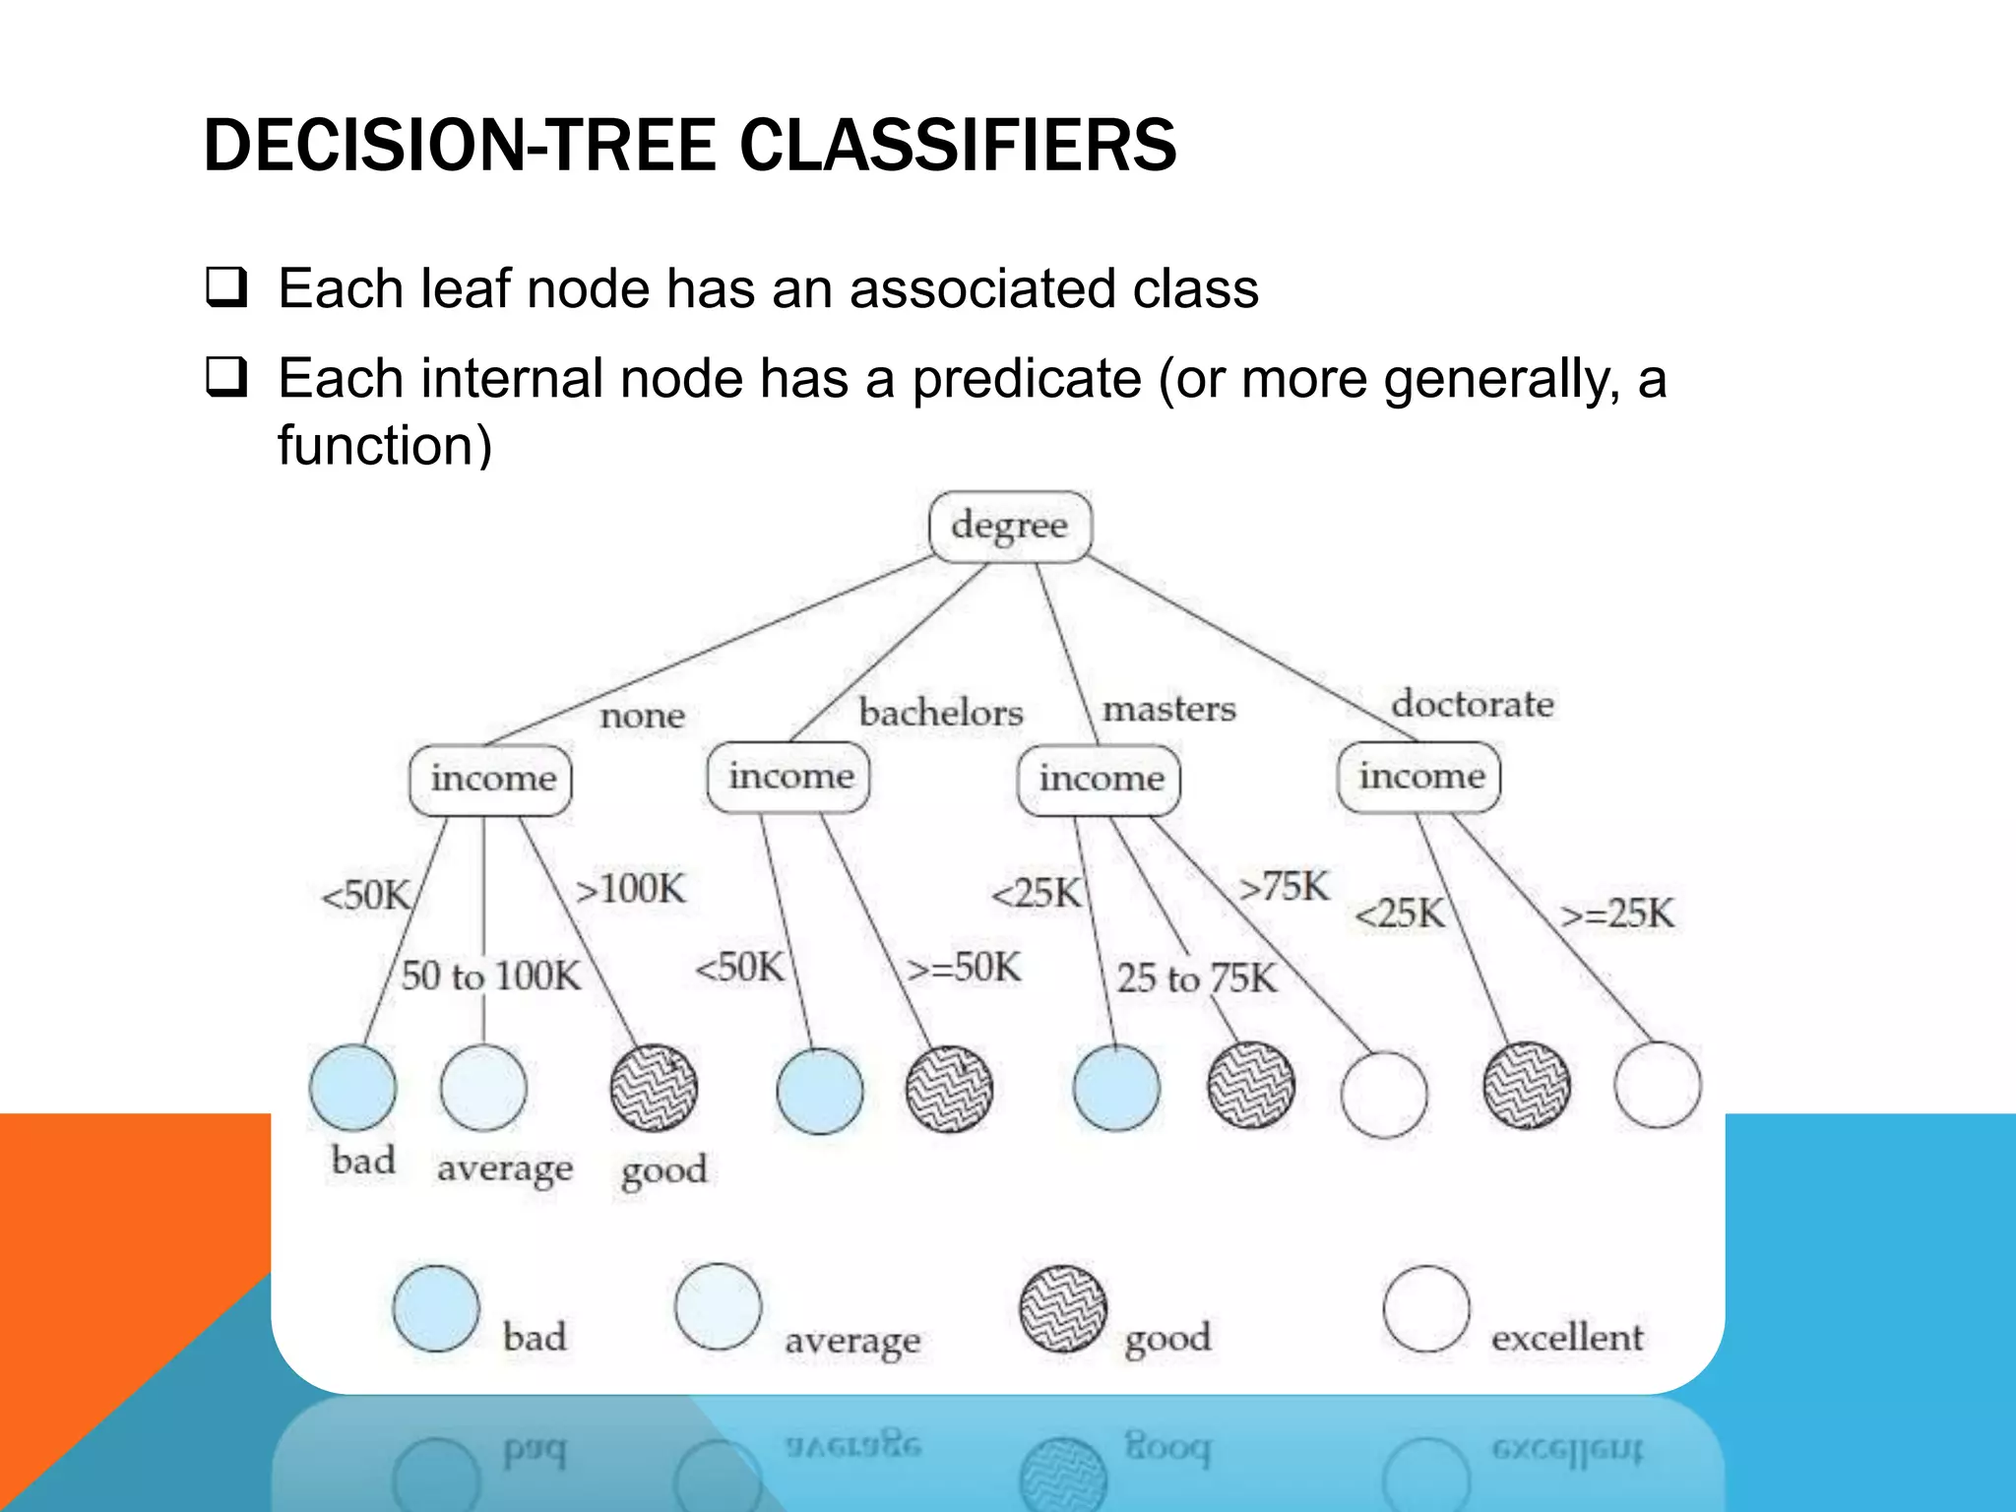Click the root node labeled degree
(x=1010, y=527)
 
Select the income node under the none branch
(x=491, y=780)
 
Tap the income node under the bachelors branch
(x=789, y=777)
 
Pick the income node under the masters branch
(x=1100, y=780)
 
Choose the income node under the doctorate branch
(x=1419, y=777)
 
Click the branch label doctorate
(x=1472, y=705)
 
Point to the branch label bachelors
(x=940, y=713)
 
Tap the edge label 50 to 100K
(x=490, y=976)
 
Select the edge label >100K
(x=630, y=889)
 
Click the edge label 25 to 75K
(x=1195, y=978)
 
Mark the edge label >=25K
(x=1616, y=913)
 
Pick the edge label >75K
(x=1284, y=887)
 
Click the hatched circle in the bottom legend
(x=1062, y=1309)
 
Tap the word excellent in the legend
(x=1566, y=1338)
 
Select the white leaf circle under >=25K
(x=1657, y=1085)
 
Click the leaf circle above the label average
(x=483, y=1088)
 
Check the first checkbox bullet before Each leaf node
(x=226, y=288)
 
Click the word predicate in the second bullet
(x=1026, y=380)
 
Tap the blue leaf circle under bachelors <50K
(x=819, y=1091)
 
